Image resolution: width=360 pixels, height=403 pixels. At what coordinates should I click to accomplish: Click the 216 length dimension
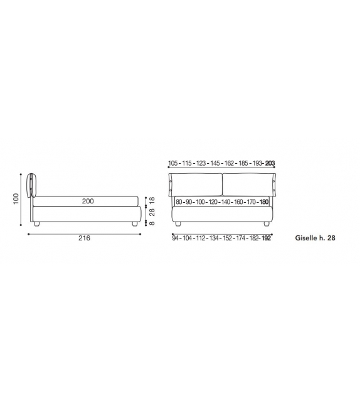pyautogui.click(x=84, y=238)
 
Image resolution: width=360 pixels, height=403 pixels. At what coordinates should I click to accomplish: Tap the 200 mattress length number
pyautogui.click(x=88, y=201)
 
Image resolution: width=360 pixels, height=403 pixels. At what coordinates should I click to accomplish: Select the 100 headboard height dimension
pyautogui.click(x=16, y=198)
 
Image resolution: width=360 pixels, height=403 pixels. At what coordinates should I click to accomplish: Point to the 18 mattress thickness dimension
pyautogui.click(x=152, y=200)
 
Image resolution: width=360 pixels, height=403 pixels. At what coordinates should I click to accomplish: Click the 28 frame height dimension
pyautogui.click(x=152, y=212)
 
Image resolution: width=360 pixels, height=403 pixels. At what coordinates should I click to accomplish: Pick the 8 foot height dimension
pyautogui.click(x=152, y=223)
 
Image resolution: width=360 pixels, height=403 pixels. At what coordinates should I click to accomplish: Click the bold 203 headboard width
pyautogui.click(x=270, y=163)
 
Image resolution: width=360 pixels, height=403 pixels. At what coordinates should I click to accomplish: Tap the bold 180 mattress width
pyautogui.click(x=263, y=202)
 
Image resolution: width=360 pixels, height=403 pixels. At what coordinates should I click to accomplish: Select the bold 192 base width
pyautogui.click(x=266, y=239)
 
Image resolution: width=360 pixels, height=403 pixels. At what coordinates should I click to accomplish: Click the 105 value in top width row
pyautogui.click(x=173, y=163)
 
